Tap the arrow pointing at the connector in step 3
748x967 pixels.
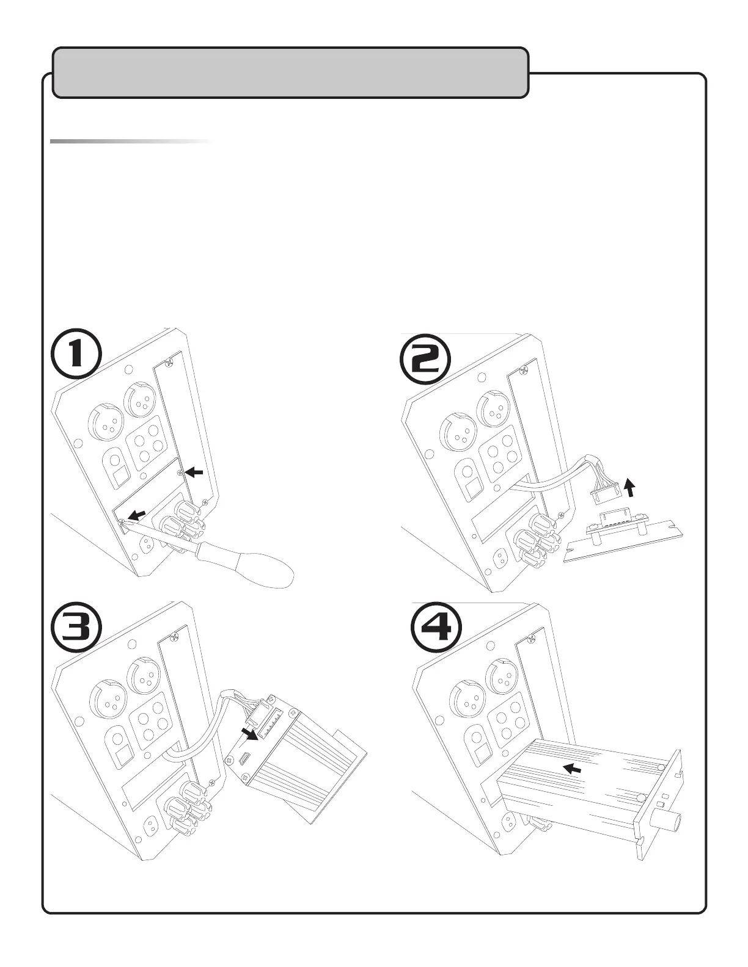(248, 733)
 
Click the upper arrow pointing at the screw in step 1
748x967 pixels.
(194, 472)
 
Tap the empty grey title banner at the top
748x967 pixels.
(290, 72)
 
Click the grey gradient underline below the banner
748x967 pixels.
(131, 142)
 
